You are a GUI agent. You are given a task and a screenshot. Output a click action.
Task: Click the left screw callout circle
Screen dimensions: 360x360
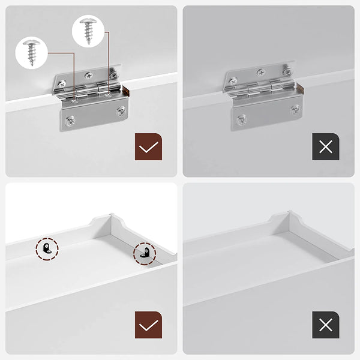[32, 52]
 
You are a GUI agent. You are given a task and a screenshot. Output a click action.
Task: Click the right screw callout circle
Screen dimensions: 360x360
[89, 32]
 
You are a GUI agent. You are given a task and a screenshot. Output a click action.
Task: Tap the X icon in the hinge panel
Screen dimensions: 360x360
[326, 146]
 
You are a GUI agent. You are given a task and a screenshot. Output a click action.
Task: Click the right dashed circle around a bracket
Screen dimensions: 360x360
[145, 253]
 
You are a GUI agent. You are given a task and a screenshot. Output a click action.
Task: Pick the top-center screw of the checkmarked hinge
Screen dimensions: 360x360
[89, 76]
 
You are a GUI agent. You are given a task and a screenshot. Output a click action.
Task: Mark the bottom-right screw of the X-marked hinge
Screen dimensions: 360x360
[295, 109]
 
